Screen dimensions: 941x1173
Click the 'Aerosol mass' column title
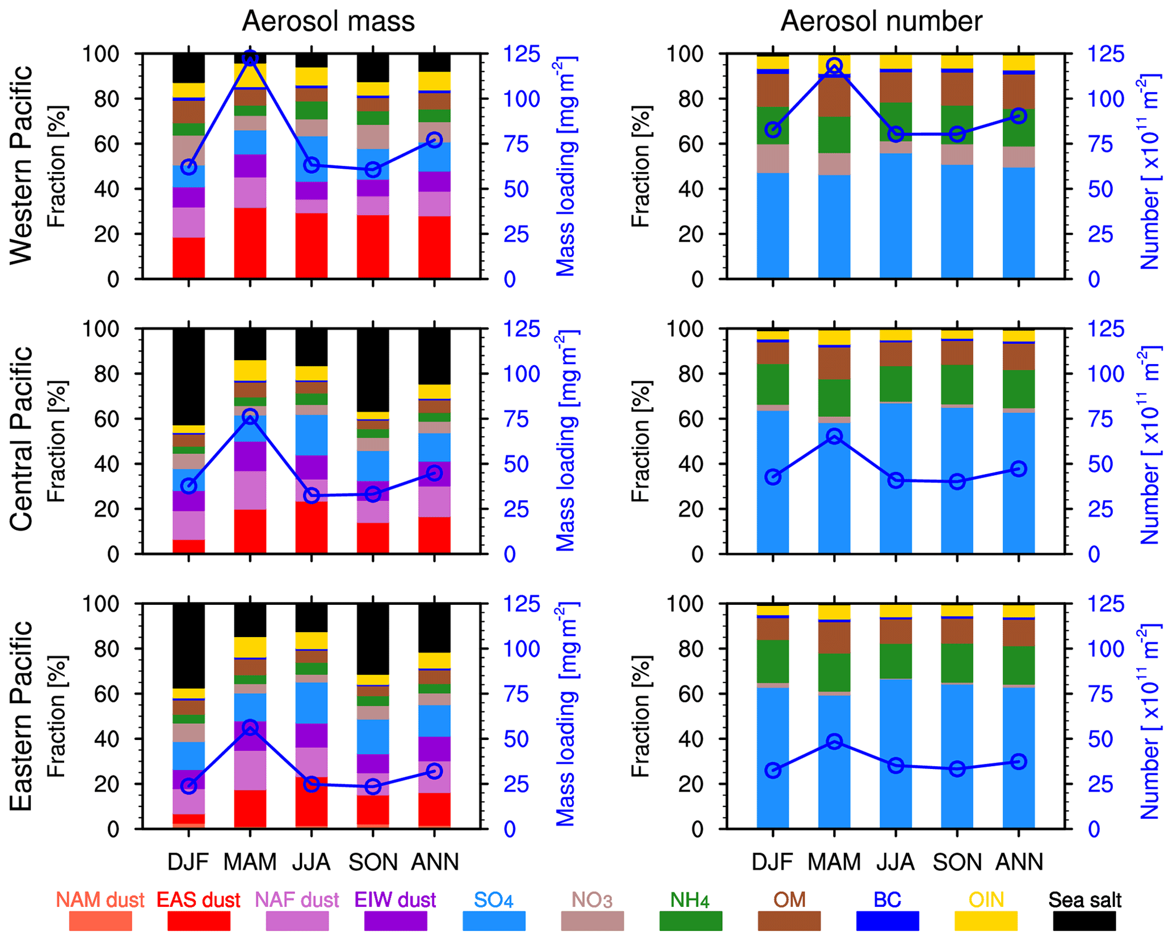328,22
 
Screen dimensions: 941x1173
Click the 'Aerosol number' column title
881,22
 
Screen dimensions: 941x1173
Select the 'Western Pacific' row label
22,165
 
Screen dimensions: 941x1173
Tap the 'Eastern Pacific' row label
22,716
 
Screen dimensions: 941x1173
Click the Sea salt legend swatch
1084,921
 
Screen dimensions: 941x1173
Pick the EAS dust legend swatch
199,921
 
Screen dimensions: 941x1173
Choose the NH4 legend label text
690,900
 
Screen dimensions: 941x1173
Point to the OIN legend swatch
986,921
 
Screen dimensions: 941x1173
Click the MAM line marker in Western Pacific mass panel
250,58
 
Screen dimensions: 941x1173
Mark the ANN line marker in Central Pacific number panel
1019,469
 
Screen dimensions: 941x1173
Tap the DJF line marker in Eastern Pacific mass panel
189,786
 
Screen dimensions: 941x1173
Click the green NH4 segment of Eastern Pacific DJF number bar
772,662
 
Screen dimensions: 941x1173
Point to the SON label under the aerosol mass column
373,862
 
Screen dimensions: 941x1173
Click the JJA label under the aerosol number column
895,862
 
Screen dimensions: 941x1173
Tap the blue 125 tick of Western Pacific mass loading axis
522,55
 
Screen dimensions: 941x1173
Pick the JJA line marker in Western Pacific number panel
895,135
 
